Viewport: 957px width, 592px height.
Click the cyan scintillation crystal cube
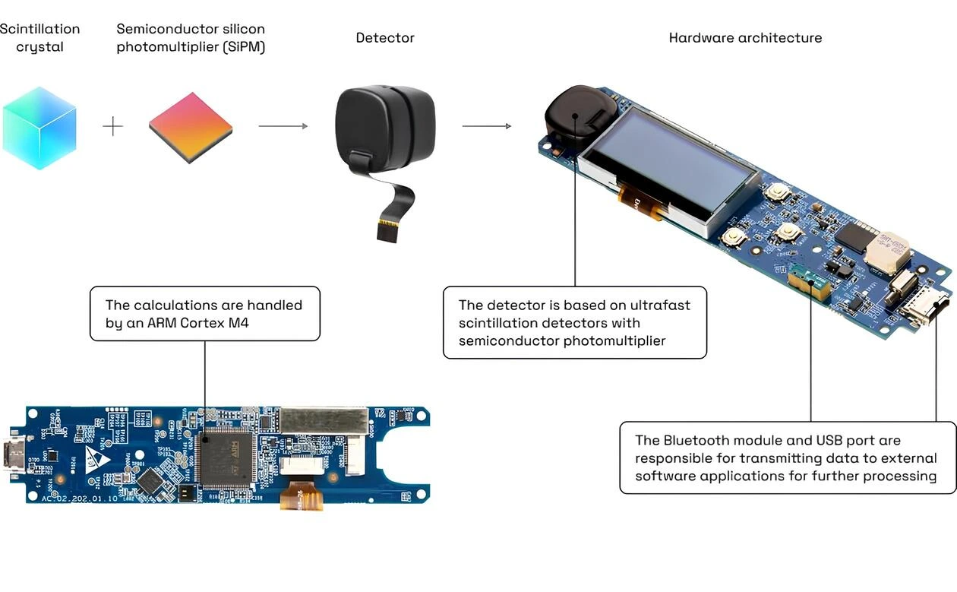click(x=39, y=128)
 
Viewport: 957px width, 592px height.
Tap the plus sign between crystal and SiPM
click(x=112, y=126)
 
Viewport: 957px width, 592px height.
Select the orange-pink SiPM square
click(x=191, y=127)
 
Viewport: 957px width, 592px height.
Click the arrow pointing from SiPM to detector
click(x=283, y=126)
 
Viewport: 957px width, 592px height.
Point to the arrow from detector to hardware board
click(x=487, y=126)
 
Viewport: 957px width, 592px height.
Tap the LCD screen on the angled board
click(x=668, y=167)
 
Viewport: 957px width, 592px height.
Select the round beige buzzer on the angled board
click(x=886, y=252)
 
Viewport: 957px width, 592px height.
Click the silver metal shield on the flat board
click(x=324, y=419)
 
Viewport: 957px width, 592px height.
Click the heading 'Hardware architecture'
click(x=745, y=37)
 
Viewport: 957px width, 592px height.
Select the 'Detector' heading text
click(x=385, y=37)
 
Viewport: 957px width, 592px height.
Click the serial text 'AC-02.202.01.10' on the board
click(x=72, y=498)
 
